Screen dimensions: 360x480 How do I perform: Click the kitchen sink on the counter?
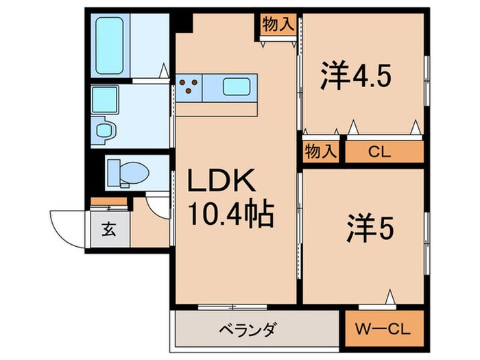[x=237, y=87]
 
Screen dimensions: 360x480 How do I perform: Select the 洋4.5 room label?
[x=356, y=76]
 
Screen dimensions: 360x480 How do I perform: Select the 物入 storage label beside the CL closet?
[x=320, y=152]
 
